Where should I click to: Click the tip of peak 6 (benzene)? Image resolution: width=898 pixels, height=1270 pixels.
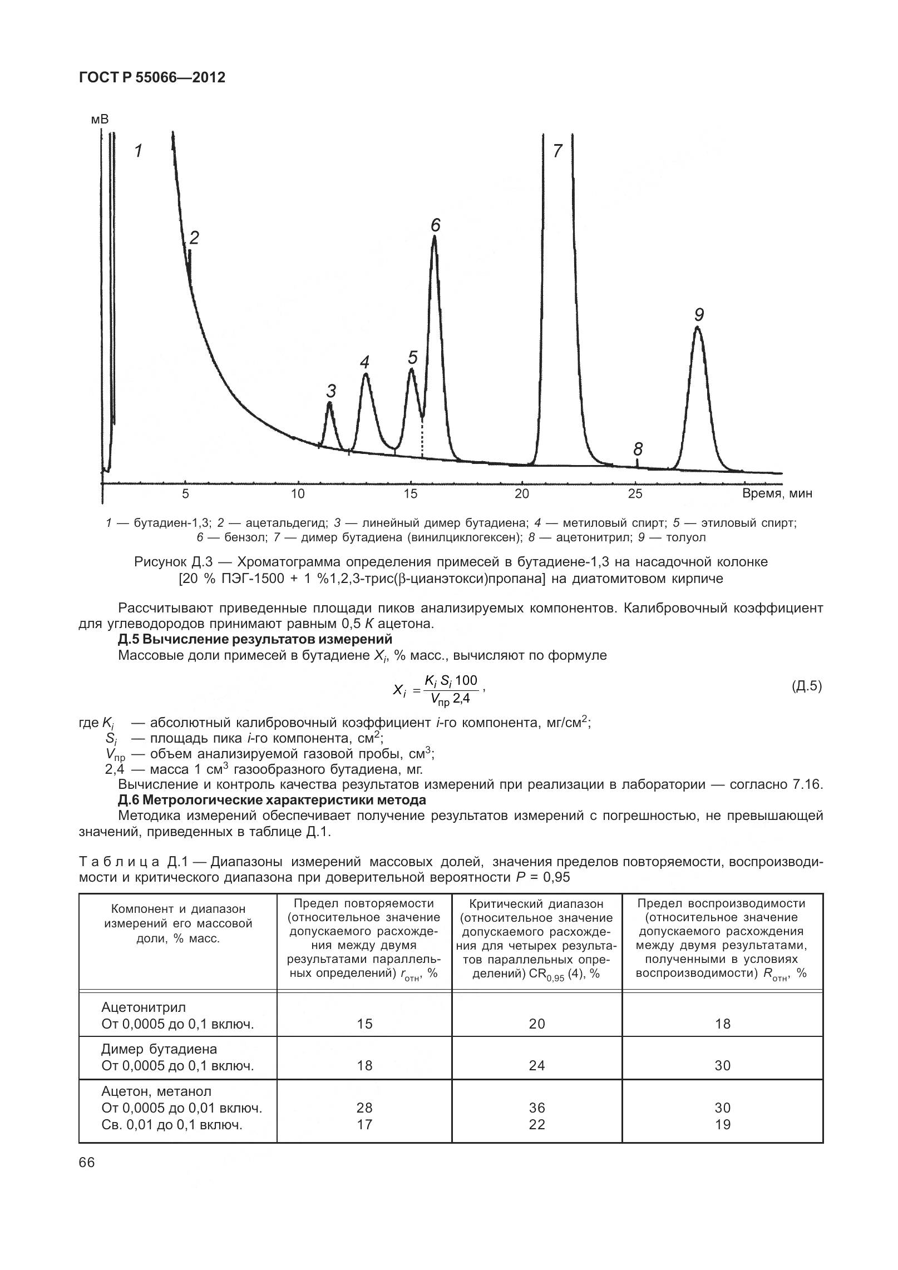click(434, 237)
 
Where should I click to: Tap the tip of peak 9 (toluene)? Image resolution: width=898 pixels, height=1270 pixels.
click(697, 328)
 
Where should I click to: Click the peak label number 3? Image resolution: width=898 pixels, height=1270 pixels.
click(331, 390)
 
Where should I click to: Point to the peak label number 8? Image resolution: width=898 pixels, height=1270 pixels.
click(638, 448)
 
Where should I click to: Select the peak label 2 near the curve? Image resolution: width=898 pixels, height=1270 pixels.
click(194, 238)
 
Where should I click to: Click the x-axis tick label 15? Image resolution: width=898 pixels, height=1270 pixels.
click(410, 493)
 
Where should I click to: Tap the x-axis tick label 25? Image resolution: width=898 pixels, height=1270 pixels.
click(635, 493)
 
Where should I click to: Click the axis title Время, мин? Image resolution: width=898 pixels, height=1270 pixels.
click(777, 493)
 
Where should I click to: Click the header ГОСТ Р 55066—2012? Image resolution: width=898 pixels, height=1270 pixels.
click(152, 78)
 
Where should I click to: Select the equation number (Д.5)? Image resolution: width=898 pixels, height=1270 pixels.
click(806, 686)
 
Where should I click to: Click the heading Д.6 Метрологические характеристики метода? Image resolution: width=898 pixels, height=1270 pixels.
click(272, 800)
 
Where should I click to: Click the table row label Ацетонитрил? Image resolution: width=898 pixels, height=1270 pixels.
click(144, 1007)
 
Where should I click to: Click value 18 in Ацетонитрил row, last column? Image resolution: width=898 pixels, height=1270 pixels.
click(722, 1024)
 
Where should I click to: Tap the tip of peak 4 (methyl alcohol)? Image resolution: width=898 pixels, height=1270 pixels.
click(366, 374)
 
